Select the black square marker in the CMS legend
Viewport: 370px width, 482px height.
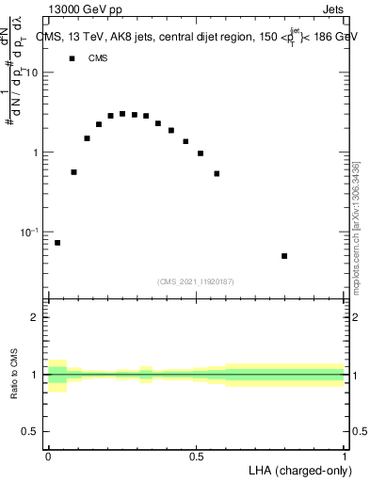click(x=72, y=58)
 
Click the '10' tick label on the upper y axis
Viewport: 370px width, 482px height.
click(x=35, y=72)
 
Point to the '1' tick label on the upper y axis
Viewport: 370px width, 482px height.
click(x=38, y=153)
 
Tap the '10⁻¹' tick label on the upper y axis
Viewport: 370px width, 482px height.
click(x=33, y=232)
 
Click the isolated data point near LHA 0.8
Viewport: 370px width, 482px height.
click(x=284, y=256)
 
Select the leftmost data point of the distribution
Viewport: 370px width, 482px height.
click(x=57, y=243)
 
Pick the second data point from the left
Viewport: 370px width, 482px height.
click(x=74, y=172)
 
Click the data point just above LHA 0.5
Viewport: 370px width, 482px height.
click(x=201, y=153)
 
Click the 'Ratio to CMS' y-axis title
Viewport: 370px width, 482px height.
click(x=14, y=374)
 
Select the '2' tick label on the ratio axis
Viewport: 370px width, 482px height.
click(x=38, y=318)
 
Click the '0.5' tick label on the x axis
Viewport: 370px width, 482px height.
click(x=197, y=456)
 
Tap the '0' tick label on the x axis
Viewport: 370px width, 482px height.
click(x=48, y=456)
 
